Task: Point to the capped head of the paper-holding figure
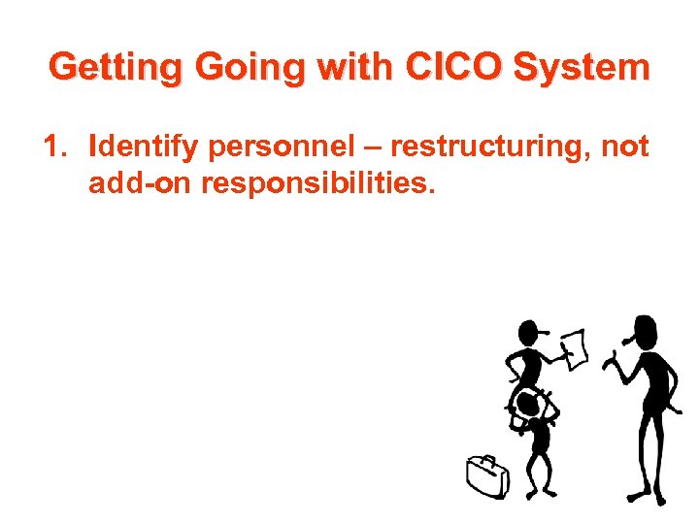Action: (x=529, y=332)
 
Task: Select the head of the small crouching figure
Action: (x=527, y=404)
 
